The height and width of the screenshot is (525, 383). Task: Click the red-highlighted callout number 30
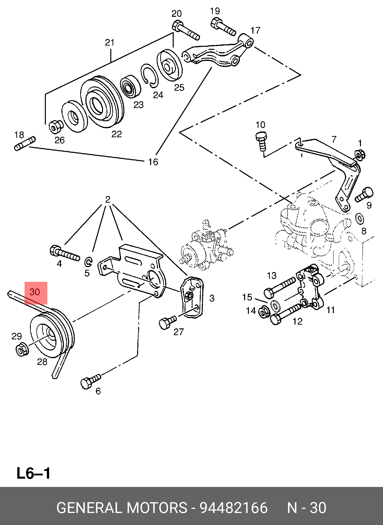pos(35,292)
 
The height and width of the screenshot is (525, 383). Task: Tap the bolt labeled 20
pos(186,30)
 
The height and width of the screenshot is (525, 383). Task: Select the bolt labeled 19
pos(223,26)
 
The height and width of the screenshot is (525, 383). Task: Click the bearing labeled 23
pos(130,86)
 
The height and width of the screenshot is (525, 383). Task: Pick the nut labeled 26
pos(56,127)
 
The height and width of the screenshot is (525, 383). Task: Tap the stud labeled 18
pos(25,144)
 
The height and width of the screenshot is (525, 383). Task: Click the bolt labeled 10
pos(261,142)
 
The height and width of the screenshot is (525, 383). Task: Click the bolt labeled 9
pos(364,195)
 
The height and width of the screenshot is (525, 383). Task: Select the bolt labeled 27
pos(167,322)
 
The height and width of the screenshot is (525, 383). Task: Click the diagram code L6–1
pos(33,473)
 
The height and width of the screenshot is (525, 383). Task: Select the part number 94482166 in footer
pos(234,508)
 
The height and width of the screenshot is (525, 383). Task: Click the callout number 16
pos(153,162)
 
